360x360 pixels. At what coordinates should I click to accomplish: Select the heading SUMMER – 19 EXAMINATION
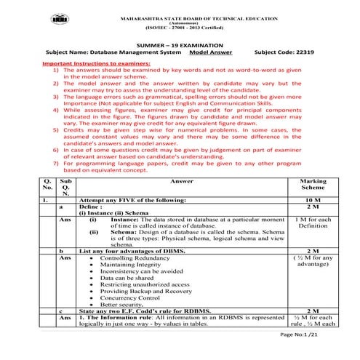pos(180,44)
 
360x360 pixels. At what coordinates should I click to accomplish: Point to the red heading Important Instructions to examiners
pos(100,64)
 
